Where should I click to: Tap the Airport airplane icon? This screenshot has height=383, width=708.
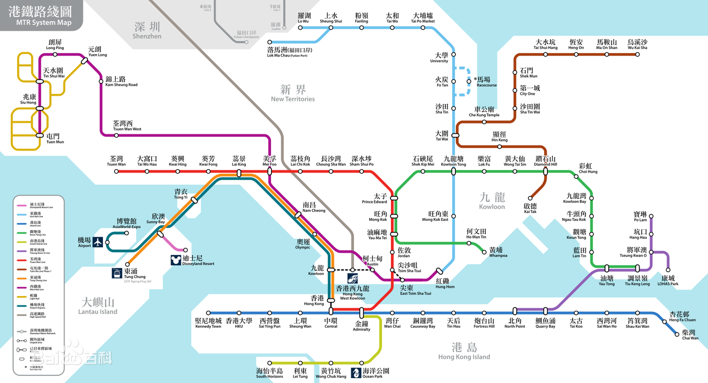97,242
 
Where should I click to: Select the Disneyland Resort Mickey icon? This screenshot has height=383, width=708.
176,260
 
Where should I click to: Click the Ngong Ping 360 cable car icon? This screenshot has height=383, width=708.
117,273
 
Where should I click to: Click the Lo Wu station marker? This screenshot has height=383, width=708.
300,27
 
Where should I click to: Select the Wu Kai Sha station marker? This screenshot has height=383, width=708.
637,54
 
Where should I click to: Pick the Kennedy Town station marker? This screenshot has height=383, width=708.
208,313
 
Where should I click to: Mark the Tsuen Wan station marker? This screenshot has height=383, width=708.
117,171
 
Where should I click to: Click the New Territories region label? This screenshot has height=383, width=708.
293,93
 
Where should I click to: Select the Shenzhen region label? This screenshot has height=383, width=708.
147,30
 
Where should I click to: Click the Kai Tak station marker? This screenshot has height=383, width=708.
530,198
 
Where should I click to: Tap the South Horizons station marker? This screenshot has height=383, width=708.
269,363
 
